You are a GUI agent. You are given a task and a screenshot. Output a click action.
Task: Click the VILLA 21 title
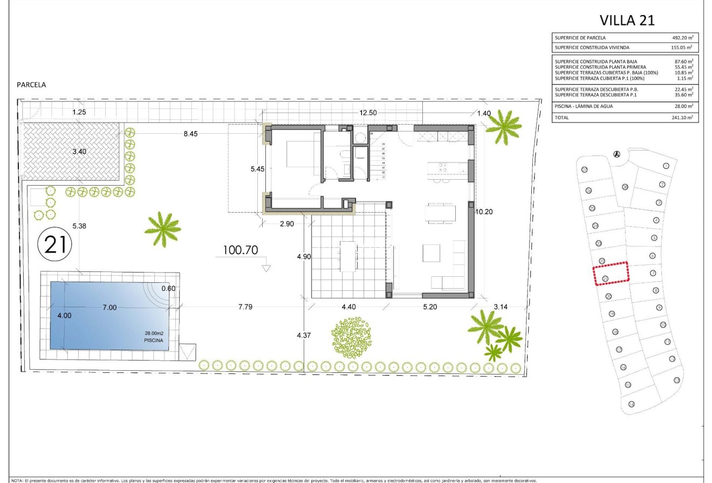point(627,21)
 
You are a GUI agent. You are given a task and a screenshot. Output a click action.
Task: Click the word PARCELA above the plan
point(31,85)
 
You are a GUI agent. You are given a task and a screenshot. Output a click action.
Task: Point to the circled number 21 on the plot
point(55,245)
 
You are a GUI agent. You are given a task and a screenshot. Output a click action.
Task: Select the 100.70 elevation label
point(240,250)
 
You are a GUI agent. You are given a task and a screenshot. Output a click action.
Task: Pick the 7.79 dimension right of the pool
point(245,307)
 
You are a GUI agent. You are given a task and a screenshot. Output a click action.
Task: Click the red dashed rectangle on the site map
point(611,274)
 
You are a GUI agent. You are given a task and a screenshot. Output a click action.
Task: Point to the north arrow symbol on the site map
point(617,154)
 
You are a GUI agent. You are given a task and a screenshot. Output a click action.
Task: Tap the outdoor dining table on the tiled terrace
point(348,256)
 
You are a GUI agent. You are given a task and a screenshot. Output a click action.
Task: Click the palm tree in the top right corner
point(503,126)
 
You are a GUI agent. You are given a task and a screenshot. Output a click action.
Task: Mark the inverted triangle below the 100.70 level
point(265,267)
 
